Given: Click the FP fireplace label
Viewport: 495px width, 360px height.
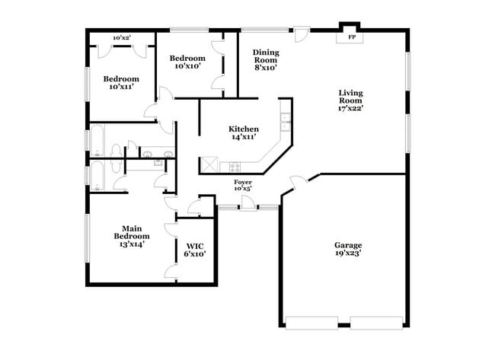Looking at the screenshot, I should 351,37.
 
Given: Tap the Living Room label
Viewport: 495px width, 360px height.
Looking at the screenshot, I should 351,97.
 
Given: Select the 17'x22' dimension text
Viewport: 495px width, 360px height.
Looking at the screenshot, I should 351,107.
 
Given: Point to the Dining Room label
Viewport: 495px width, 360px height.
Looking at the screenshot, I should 267,56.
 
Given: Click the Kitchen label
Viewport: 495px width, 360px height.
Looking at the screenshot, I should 244,129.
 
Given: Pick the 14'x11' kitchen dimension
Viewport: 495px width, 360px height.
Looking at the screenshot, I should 244,138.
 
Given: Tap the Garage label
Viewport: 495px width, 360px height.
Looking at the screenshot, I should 348,245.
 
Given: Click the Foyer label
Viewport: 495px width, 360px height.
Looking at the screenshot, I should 243,182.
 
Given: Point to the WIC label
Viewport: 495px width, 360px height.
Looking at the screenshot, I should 194,245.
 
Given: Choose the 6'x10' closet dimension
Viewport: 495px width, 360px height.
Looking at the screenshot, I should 194,253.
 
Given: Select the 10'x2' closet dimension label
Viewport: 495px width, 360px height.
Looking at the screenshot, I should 122,37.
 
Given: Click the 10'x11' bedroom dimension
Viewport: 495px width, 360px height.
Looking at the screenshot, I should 121,87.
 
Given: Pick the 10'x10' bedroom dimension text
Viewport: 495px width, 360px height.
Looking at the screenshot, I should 187,66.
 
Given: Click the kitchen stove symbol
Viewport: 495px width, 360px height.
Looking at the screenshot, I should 231,166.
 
